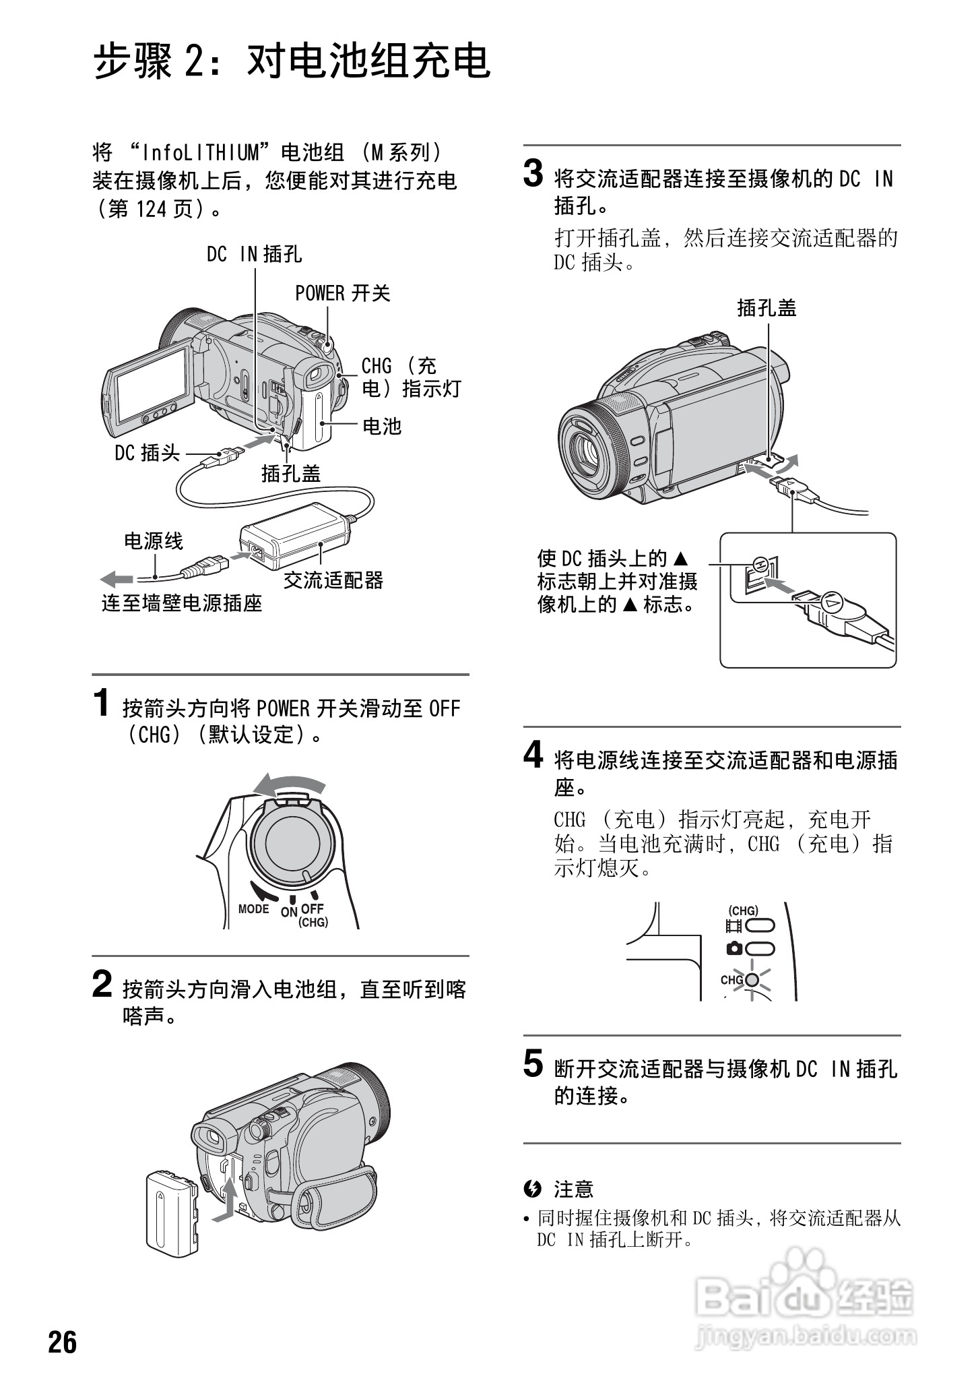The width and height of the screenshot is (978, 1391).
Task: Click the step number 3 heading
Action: [x=533, y=175]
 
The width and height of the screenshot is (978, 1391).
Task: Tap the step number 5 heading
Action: [x=533, y=1065]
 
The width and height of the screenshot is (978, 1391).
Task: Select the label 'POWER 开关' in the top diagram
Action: [x=342, y=293]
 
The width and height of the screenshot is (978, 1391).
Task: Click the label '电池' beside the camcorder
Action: [x=382, y=426]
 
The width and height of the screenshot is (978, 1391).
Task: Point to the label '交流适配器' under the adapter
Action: [x=333, y=580]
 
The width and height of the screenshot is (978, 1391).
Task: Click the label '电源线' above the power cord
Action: [x=153, y=540]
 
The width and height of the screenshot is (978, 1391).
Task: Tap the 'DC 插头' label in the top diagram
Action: [x=147, y=453]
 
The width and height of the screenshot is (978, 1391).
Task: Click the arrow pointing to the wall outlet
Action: [x=117, y=578]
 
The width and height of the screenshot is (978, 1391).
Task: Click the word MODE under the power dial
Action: [x=253, y=908]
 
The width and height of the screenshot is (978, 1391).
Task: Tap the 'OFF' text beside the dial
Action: [x=313, y=908]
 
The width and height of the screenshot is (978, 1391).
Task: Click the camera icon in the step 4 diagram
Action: [x=734, y=949]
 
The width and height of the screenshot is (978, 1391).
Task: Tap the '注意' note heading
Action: [x=573, y=1189]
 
